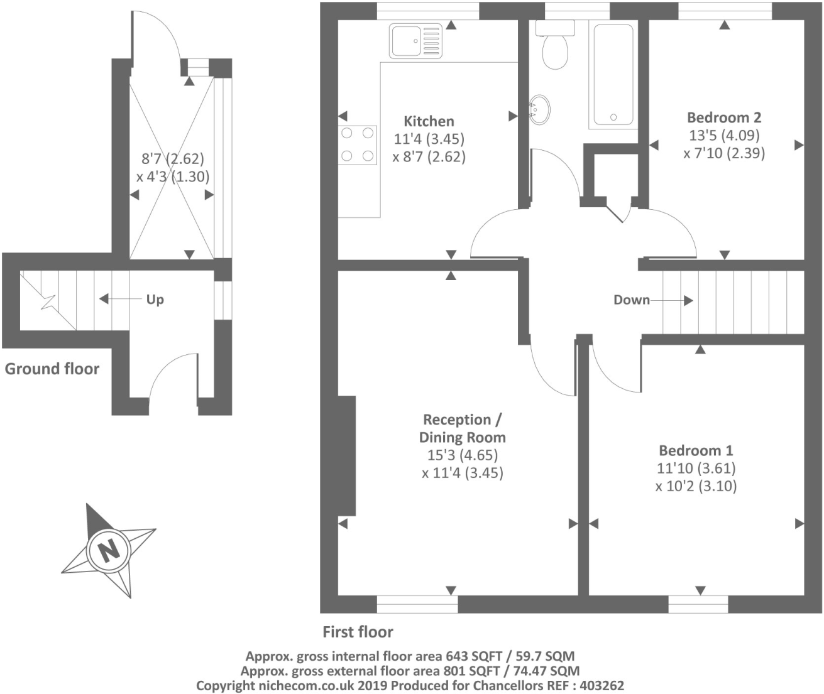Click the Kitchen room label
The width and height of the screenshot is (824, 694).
pos(429,121)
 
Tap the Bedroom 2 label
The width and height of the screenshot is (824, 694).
pos(724,117)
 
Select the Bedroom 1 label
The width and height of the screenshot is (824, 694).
pos(696,450)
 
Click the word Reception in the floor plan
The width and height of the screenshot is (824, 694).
pos(457,420)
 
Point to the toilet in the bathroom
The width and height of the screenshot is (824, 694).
pos(555,45)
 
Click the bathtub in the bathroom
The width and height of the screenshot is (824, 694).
pos(613,75)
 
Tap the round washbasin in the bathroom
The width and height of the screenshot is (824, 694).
pos(539,110)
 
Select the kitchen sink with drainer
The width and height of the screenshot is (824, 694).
pos(415,41)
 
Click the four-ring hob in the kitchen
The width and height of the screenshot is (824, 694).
pos(357,144)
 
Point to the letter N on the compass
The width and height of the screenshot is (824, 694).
pos(109,550)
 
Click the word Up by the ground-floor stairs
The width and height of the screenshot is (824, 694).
pos(155,300)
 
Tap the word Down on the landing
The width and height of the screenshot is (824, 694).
pos(632,300)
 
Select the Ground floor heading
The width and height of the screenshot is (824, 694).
pos(52,369)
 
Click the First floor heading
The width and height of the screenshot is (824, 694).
pos(358,632)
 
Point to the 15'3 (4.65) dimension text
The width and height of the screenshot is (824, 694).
pos(463,455)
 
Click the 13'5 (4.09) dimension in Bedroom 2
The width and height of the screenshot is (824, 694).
pos(724,135)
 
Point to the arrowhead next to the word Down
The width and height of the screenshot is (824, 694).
pos(688,300)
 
